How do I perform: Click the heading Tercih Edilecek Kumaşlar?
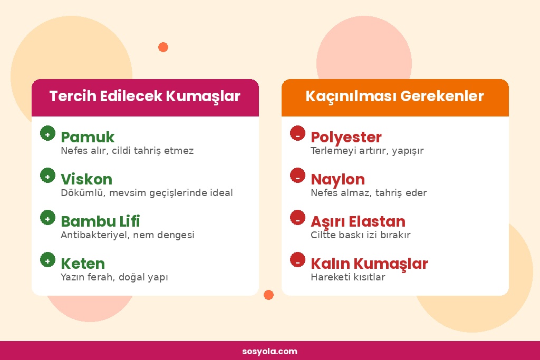tap(145, 97)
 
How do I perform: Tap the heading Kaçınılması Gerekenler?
tap(394, 97)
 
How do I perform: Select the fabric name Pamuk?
tap(88, 137)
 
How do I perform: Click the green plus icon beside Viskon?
tap(47, 176)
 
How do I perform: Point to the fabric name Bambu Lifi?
tap(100, 221)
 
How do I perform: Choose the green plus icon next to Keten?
tap(47, 260)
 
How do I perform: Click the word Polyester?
tap(346, 137)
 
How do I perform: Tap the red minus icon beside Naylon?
tap(297, 176)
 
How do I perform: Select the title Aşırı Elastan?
tap(358, 221)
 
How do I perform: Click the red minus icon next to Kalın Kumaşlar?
tap(297, 260)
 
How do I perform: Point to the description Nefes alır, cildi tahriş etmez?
tap(127, 151)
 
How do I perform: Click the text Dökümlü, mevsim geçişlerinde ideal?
tap(147, 193)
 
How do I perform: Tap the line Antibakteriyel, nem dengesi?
tap(128, 235)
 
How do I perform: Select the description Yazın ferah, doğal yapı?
tap(114, 277)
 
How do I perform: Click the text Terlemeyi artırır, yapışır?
tap(367, 151)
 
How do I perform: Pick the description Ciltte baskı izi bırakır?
tap(361, 235)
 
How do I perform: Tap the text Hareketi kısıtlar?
tap(348, 277)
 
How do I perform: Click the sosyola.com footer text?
tap(270, 352)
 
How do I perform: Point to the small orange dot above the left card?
tap(163, 47)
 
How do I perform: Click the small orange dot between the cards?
tap(268, 295)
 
